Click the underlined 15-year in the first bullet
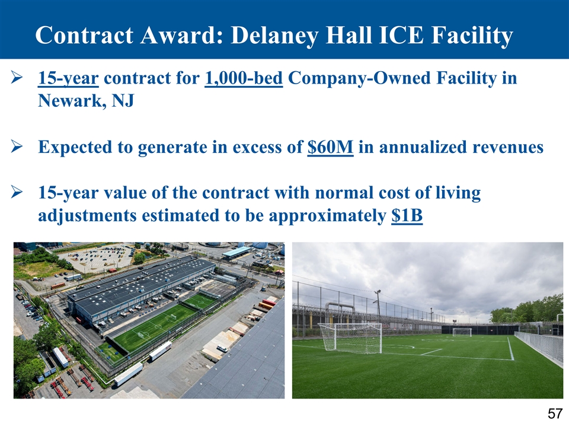click(68, 78)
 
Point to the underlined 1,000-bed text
click(244, 78)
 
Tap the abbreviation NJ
click(123, 100)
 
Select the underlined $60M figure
click(330, 147)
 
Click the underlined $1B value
click(407, 215)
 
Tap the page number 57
click(555, 414)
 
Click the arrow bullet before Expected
click(17, 147)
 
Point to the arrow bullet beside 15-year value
click(17, 192)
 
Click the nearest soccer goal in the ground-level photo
click(350, 338)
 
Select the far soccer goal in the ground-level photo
click(462, 332)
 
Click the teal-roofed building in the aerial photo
click(236, 252)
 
